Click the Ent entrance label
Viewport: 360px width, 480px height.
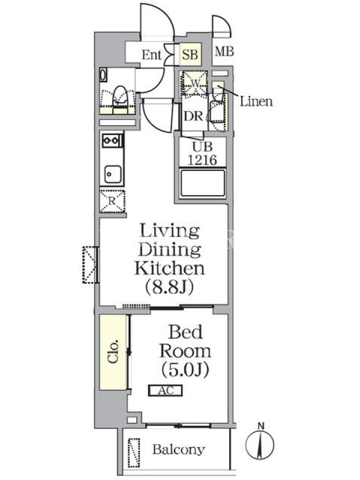tap(151, 55)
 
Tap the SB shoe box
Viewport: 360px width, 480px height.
tap(190, 54)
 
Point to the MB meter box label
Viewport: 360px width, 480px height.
tap(224, 52)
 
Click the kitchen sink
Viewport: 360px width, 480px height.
tap(113, 174)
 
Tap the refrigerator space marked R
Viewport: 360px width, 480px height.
tap(112, 201)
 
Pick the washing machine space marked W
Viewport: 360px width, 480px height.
tap(195, 83)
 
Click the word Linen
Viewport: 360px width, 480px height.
tap(256, 101)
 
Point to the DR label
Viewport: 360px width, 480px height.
tap(193, 116)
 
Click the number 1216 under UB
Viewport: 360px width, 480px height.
tap(202, 160)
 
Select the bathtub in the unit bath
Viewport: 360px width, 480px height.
tap(203, 183)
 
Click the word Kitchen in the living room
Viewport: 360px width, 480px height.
tap(170, 268)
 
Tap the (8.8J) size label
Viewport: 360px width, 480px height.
tap(170, 287)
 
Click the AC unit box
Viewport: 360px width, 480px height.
tap(166, 391)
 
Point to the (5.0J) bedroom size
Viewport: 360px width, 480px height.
tap(185, 370)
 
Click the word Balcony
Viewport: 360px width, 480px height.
tap(178, 449)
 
